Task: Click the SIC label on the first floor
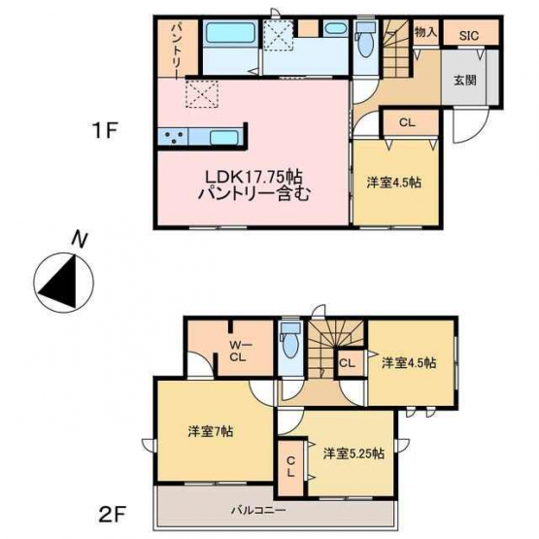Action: click(469, 35)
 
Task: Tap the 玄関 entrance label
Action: click(465, 80)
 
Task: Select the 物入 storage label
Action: click(425, 32)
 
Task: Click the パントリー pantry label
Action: click(178, 51)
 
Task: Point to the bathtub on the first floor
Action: click(230, 32)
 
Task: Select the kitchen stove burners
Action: click(173, 136)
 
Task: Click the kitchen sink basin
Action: click(223, 137)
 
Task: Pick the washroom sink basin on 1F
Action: click(335, 28)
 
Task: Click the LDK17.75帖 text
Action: click(253, 178)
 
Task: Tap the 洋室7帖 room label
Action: click(211, 431)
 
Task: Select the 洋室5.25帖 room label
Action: click(354, 454)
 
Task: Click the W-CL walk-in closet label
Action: click(237, 351)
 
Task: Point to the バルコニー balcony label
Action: click(257, 510)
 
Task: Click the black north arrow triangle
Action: click(61, 283)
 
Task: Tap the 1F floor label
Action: click(106, 131)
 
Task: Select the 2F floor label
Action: click(111, 515)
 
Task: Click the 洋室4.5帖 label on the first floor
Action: click(394, 183)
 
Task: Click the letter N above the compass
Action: click(80, 240)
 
